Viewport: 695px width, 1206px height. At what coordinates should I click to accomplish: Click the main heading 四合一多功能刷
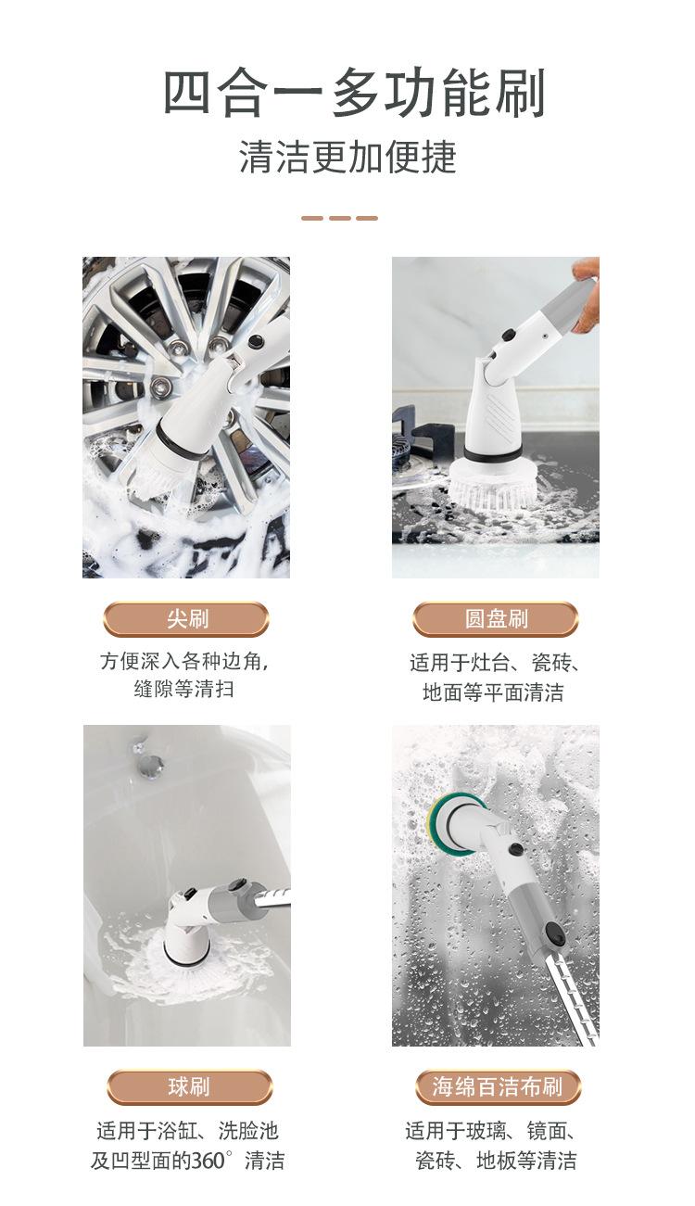click(354, 93)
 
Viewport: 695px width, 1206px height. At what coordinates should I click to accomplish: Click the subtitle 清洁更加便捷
click(347, 157)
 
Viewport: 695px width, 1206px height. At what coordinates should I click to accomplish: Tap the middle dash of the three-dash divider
click(340, 218)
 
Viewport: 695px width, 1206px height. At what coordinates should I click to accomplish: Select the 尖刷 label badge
click(186, 619)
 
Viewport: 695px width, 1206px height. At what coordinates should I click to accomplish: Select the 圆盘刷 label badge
click(496, 619)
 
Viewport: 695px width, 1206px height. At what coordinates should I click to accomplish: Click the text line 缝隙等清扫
click(184, 689)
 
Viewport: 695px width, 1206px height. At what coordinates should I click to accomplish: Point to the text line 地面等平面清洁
click(493, 692)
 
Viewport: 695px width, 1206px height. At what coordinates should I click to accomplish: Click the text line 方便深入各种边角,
click(184, 661)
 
